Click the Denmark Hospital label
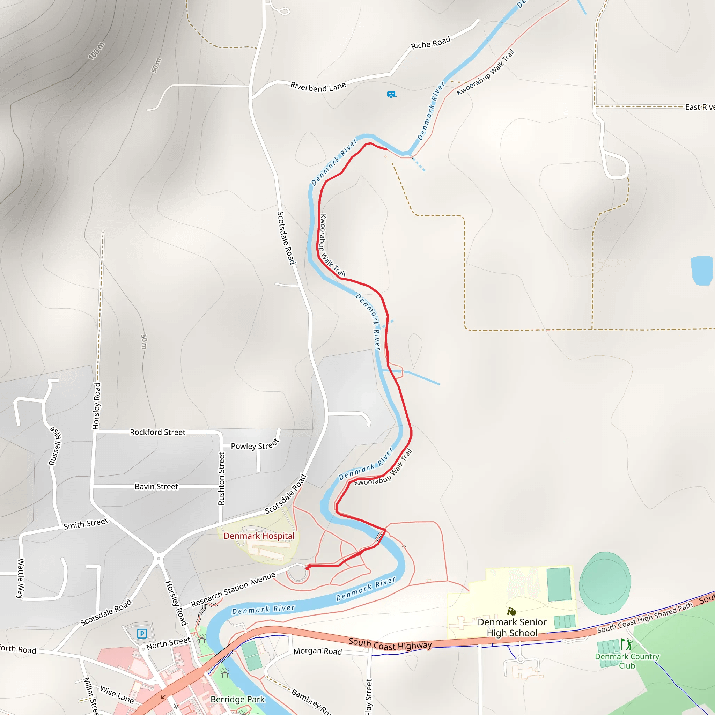click(259, 536)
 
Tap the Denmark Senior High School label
click(512, 627)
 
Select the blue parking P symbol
click(142, 634)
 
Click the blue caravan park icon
click(391, 94)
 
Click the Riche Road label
click(430, 43)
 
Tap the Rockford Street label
click(158, 432)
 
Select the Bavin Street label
click(156, 487)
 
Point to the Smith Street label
click(86, 524)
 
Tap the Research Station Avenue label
click(233, 589)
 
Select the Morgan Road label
click(318, 651)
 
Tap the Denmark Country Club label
click(627, 661)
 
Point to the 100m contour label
click(96, 51)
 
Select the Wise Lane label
click(117, 694)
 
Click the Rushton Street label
click(221, 478)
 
